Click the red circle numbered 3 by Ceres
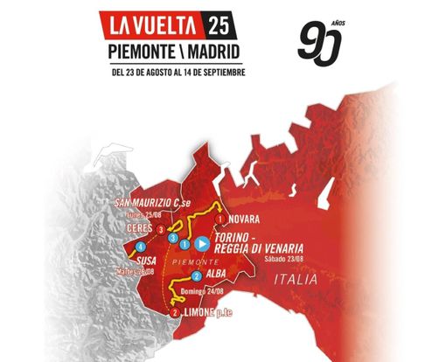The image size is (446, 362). click(162, 229)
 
